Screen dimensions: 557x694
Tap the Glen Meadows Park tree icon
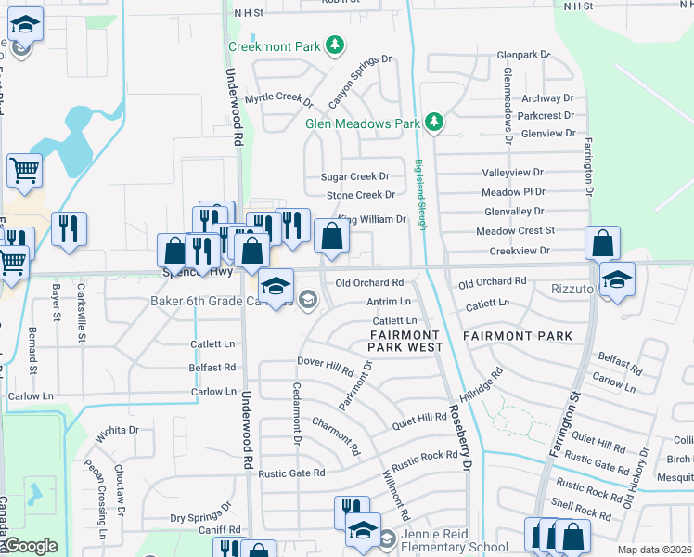(x=432, y=123)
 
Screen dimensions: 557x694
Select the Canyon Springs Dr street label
(x=360, y=80)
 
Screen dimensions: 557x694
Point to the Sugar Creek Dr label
(x=354, y=176)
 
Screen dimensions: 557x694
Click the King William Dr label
(x=372, y=219)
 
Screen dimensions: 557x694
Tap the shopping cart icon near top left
(x=24, y=170)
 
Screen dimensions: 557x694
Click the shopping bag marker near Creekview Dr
(x=602, y=243)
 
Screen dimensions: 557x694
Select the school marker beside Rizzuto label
(x=616, y=278)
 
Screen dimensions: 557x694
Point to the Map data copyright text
(x=653, y=550)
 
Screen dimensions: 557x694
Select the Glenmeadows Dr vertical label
(x=508, y=107)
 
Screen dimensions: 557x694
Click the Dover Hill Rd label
(x=326, y=365)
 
